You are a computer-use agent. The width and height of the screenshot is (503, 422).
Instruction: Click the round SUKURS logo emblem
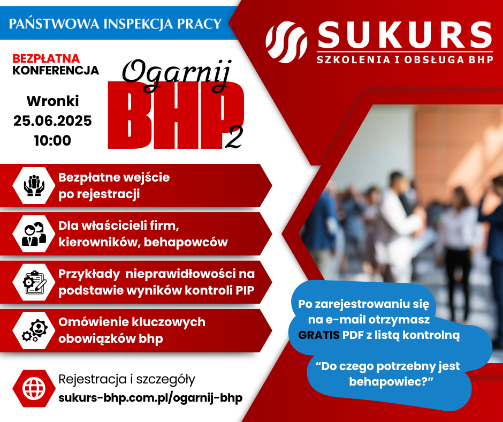click(286, 42)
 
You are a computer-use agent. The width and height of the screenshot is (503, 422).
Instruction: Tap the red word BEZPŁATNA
click(46, 58)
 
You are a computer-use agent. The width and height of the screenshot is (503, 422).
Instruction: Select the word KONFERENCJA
click(56, 70)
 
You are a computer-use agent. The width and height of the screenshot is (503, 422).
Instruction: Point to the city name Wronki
click(52, 101)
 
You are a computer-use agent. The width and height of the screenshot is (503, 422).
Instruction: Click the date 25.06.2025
click(52, 120)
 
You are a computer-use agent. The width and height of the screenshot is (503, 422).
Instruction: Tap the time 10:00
click(52, 140)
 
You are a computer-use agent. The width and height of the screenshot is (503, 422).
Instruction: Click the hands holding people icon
click(34, 186)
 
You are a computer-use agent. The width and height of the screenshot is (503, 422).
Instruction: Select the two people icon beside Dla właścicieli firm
click(34, 234)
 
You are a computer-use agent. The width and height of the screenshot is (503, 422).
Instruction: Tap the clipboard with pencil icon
click(34, 282)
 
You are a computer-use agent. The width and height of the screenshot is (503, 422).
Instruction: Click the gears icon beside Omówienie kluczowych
click(34, 330)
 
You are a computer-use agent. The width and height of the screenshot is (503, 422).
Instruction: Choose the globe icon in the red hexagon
click(34, 388)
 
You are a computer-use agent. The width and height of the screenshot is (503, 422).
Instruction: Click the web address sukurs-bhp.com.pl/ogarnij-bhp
click(150, 398)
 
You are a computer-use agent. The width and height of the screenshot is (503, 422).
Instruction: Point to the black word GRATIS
click(319, 335)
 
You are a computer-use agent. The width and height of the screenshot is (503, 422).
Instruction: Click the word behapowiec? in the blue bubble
click(391, 381)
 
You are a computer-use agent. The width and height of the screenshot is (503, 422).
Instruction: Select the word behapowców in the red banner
click(186, 242)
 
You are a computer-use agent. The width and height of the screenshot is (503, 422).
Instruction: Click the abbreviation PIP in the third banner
click(245, 290)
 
